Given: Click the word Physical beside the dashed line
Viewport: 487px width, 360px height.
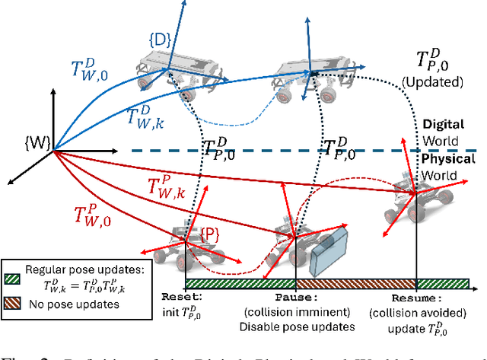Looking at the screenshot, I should (448, 160).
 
